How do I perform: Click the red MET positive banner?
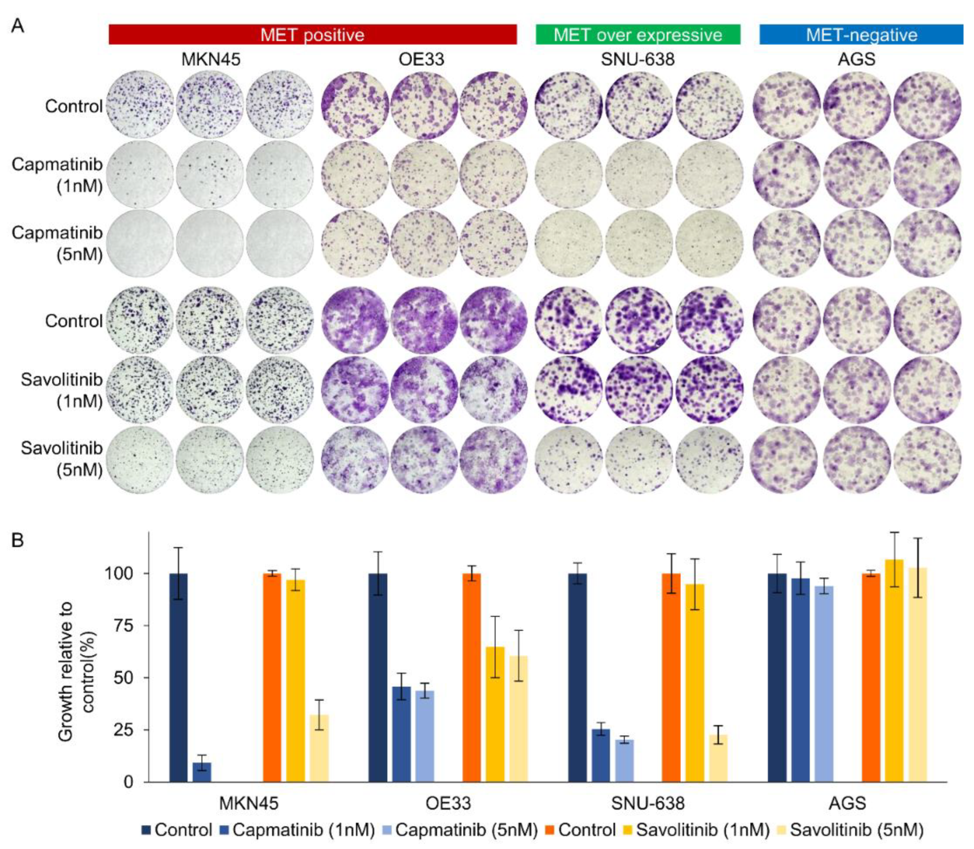coord(312,34)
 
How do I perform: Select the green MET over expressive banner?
coord(638,34)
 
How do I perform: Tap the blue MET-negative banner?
coord(861,34)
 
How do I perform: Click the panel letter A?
coord(18,26)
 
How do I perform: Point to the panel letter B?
coord(18,540)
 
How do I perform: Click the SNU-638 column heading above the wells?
coord(638,60)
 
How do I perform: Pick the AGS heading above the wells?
coord(857,60)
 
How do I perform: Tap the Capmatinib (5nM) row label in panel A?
coord(57,243)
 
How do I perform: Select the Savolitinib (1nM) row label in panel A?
coord(62,390)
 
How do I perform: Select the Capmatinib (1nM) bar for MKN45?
coord(202,772)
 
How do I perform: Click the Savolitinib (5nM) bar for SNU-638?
coord(718,758)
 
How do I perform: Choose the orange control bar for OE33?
coord(472,678)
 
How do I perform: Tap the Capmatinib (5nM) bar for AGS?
coord(824,684)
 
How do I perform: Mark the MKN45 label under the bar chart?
coord(249,803)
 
